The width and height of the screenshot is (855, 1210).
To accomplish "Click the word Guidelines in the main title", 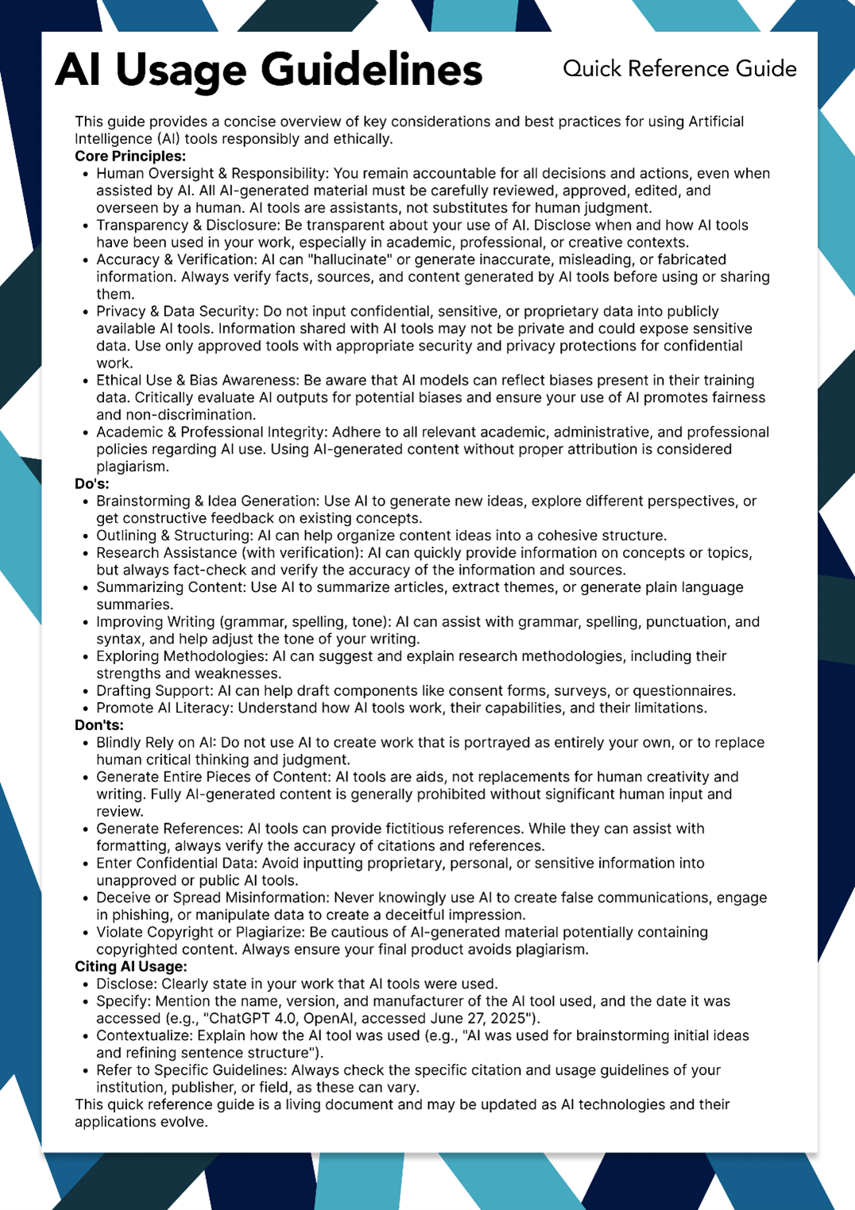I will coord(371,70).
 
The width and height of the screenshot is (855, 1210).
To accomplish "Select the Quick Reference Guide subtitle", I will coord(679,69).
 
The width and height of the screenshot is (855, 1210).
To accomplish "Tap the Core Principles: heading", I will coord(130,156).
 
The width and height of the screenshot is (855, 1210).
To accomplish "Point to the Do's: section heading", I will coord(92,484).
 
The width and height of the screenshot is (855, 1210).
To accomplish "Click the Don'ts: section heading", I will coord(99,725).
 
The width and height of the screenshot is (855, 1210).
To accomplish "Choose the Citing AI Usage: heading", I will coord(131,966).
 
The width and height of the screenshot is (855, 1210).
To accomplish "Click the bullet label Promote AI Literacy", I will coord(163,708).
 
